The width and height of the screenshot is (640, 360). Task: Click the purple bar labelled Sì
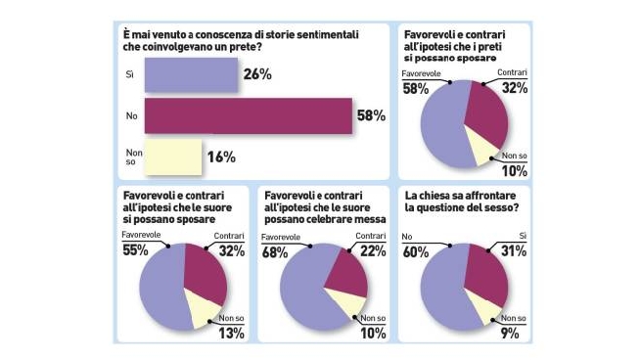(191, 74)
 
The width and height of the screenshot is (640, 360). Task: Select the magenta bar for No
(248, 115)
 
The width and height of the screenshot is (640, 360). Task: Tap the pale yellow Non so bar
(173, 156)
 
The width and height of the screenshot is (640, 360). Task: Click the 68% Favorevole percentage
(277, 250)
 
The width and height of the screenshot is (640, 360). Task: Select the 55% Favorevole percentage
(134, 250)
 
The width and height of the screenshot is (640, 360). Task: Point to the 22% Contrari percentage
(373, 250)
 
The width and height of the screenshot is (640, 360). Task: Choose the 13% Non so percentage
(232, 333)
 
